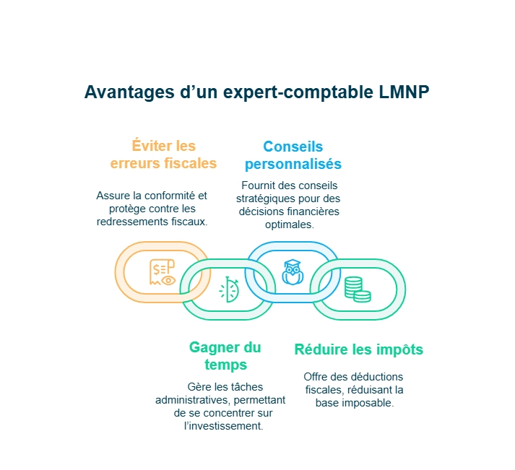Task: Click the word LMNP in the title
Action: [405, 92]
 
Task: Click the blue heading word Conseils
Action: [293, 146]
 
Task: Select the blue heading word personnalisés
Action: [293, 163]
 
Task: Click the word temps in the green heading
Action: [225, 365]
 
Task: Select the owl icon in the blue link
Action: [292, 272]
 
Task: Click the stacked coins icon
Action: [356, 289]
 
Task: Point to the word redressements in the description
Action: [130, 221]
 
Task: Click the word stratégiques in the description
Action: [269, 199]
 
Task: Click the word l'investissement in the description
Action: [223, 426]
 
